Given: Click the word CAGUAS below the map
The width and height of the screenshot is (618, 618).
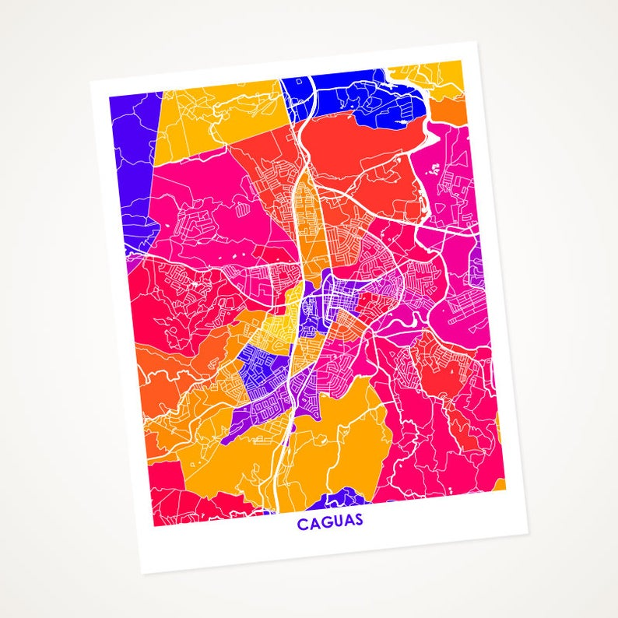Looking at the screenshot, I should click(x=330, y=521).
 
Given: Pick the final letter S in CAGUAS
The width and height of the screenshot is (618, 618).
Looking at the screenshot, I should click(x=358, y=520).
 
